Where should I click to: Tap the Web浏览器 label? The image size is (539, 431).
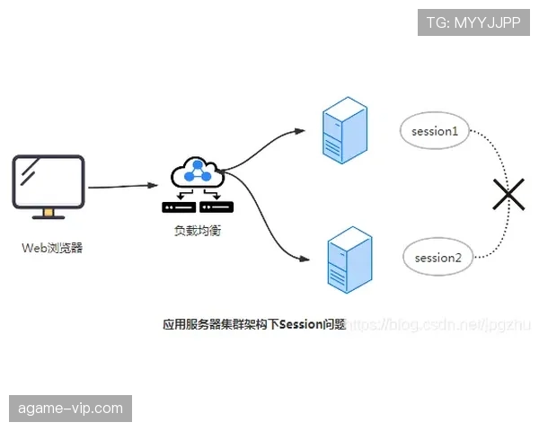click(52, 248)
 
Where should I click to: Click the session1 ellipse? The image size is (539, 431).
click(435, 132)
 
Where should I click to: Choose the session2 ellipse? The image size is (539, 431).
click(437, 258)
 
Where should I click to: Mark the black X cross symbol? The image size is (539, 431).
click(508, 192)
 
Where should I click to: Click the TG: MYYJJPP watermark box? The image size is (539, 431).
click(473, 22)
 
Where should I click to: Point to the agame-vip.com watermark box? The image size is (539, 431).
click(71, 409)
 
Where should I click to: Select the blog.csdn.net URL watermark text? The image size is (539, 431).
click(440, 324)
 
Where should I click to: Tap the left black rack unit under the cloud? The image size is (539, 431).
click(179, 207)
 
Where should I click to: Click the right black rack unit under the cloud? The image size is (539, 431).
click(216, 207)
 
